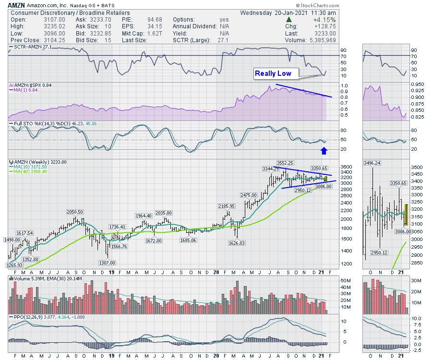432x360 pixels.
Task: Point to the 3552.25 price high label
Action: pos(285,163)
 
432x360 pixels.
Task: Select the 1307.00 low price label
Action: pos(107,263)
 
